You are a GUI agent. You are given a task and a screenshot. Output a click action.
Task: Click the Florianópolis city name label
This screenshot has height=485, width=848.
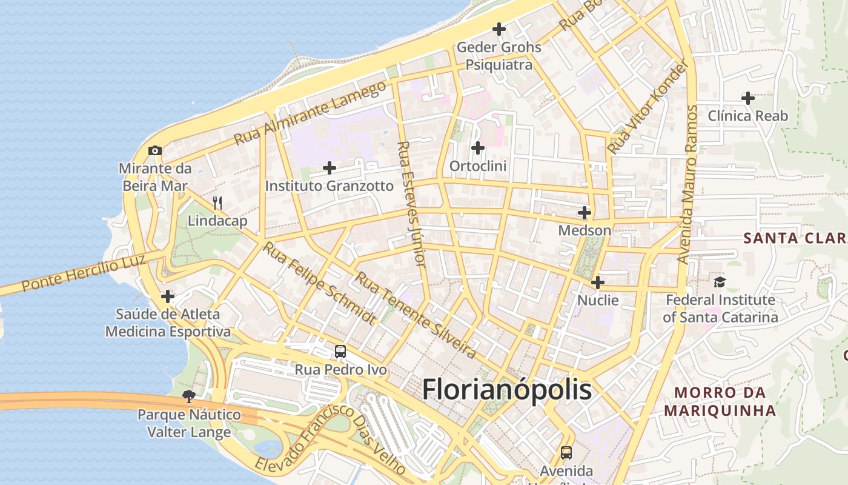[506, 389]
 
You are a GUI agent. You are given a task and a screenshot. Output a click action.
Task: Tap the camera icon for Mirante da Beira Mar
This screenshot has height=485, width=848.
[154, 150]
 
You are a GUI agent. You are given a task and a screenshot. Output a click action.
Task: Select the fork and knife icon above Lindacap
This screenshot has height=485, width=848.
[217, 202]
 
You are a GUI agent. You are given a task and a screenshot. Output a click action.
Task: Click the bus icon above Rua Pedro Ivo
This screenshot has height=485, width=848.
[340, 351]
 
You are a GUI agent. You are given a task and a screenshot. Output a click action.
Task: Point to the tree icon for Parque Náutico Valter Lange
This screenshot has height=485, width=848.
[188, 396]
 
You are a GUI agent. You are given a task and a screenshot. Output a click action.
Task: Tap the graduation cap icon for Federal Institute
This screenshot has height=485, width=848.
[720, 282]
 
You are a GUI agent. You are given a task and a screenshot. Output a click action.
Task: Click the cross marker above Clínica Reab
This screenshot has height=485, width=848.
[748, 98]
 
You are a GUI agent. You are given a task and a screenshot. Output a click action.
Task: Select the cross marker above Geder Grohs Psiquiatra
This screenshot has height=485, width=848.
[499, 28]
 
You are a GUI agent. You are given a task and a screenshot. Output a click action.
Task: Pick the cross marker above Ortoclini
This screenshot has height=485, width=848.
[478, 147]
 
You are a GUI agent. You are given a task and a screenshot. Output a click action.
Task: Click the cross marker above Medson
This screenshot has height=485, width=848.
[585, 212]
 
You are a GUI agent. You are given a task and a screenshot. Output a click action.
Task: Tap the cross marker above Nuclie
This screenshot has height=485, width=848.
[598, 282]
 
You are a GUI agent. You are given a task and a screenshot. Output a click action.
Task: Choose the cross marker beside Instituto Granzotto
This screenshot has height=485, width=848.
[330, 167]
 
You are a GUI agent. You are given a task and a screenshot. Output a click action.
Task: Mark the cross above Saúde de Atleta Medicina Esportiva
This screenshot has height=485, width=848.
[168, 296]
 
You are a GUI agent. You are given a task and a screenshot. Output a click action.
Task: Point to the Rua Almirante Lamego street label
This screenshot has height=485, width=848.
[310, 113]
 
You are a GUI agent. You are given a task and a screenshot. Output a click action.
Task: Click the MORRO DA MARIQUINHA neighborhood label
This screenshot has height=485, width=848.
[720, 401]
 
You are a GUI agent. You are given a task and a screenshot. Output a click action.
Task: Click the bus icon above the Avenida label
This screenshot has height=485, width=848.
[566, 452]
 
